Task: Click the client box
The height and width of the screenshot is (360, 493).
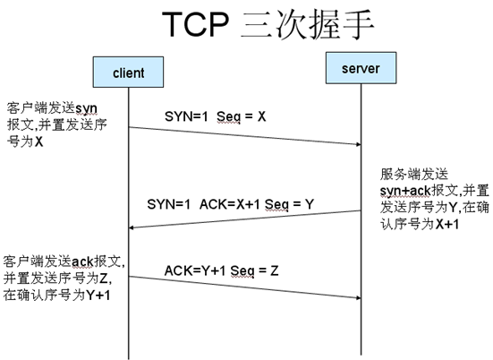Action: pyautogui.click(x=128, y=72)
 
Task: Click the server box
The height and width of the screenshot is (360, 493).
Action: pyautogui.click(x=361, y=68)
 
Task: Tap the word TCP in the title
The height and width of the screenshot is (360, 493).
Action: pyautogui.click(x=195, y=24)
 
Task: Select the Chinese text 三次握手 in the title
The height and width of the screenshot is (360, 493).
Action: pyautogui.click(x=307, y=24)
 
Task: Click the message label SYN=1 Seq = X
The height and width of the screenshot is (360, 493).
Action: pyautogui.click(x=216, y=116)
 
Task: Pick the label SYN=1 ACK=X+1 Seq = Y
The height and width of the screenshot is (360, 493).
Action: pyautogui.click(x=231, y=204)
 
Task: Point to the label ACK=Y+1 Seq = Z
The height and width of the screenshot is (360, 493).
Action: pyautogui.click(x=221, y=270)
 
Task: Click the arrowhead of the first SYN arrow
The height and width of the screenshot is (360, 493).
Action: pyautogui.click(x=359, y=144)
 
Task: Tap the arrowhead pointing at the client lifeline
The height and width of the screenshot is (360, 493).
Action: pyautogui.click(x=132, y=227)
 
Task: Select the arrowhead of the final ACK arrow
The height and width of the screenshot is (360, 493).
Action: pyautogui.click(x=359, y=297)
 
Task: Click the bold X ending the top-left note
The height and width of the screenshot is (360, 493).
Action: pyautogui.click(x=38, y=141)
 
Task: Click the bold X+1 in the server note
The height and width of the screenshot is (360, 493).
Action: pyautogui.click(x=447, y=224)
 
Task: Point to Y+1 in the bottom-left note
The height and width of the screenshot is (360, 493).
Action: pyautogui.click(x=98, y=295)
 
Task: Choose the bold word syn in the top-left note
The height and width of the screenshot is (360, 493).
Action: pyautogui.click(x=86, y=109)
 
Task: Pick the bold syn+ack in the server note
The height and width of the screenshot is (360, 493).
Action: pyautogui.click(x=405, y=191)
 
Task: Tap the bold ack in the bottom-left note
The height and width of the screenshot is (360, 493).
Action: pyautogui.click(x=82, y=261)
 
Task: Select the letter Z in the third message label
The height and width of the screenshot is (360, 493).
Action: pyautogui.click(x=274, y=270)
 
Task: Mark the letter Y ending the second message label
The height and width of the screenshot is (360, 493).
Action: pyautogui.click(x=310, y=204)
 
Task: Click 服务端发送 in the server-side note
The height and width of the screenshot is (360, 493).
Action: pyautogui.click(x=413, y=174)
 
